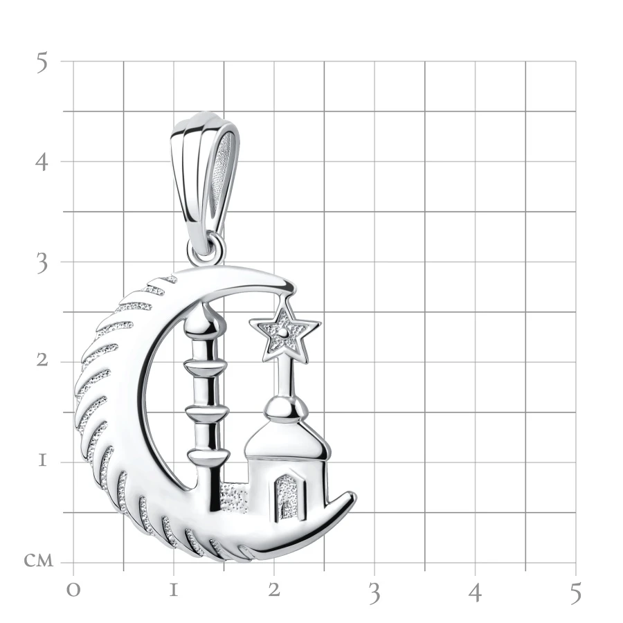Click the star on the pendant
(285, 334)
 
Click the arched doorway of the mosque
(289, 496)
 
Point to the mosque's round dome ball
(286, 408)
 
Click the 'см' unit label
(39, 561)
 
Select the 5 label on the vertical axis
(42, 63)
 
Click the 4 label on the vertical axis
(42, 162)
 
